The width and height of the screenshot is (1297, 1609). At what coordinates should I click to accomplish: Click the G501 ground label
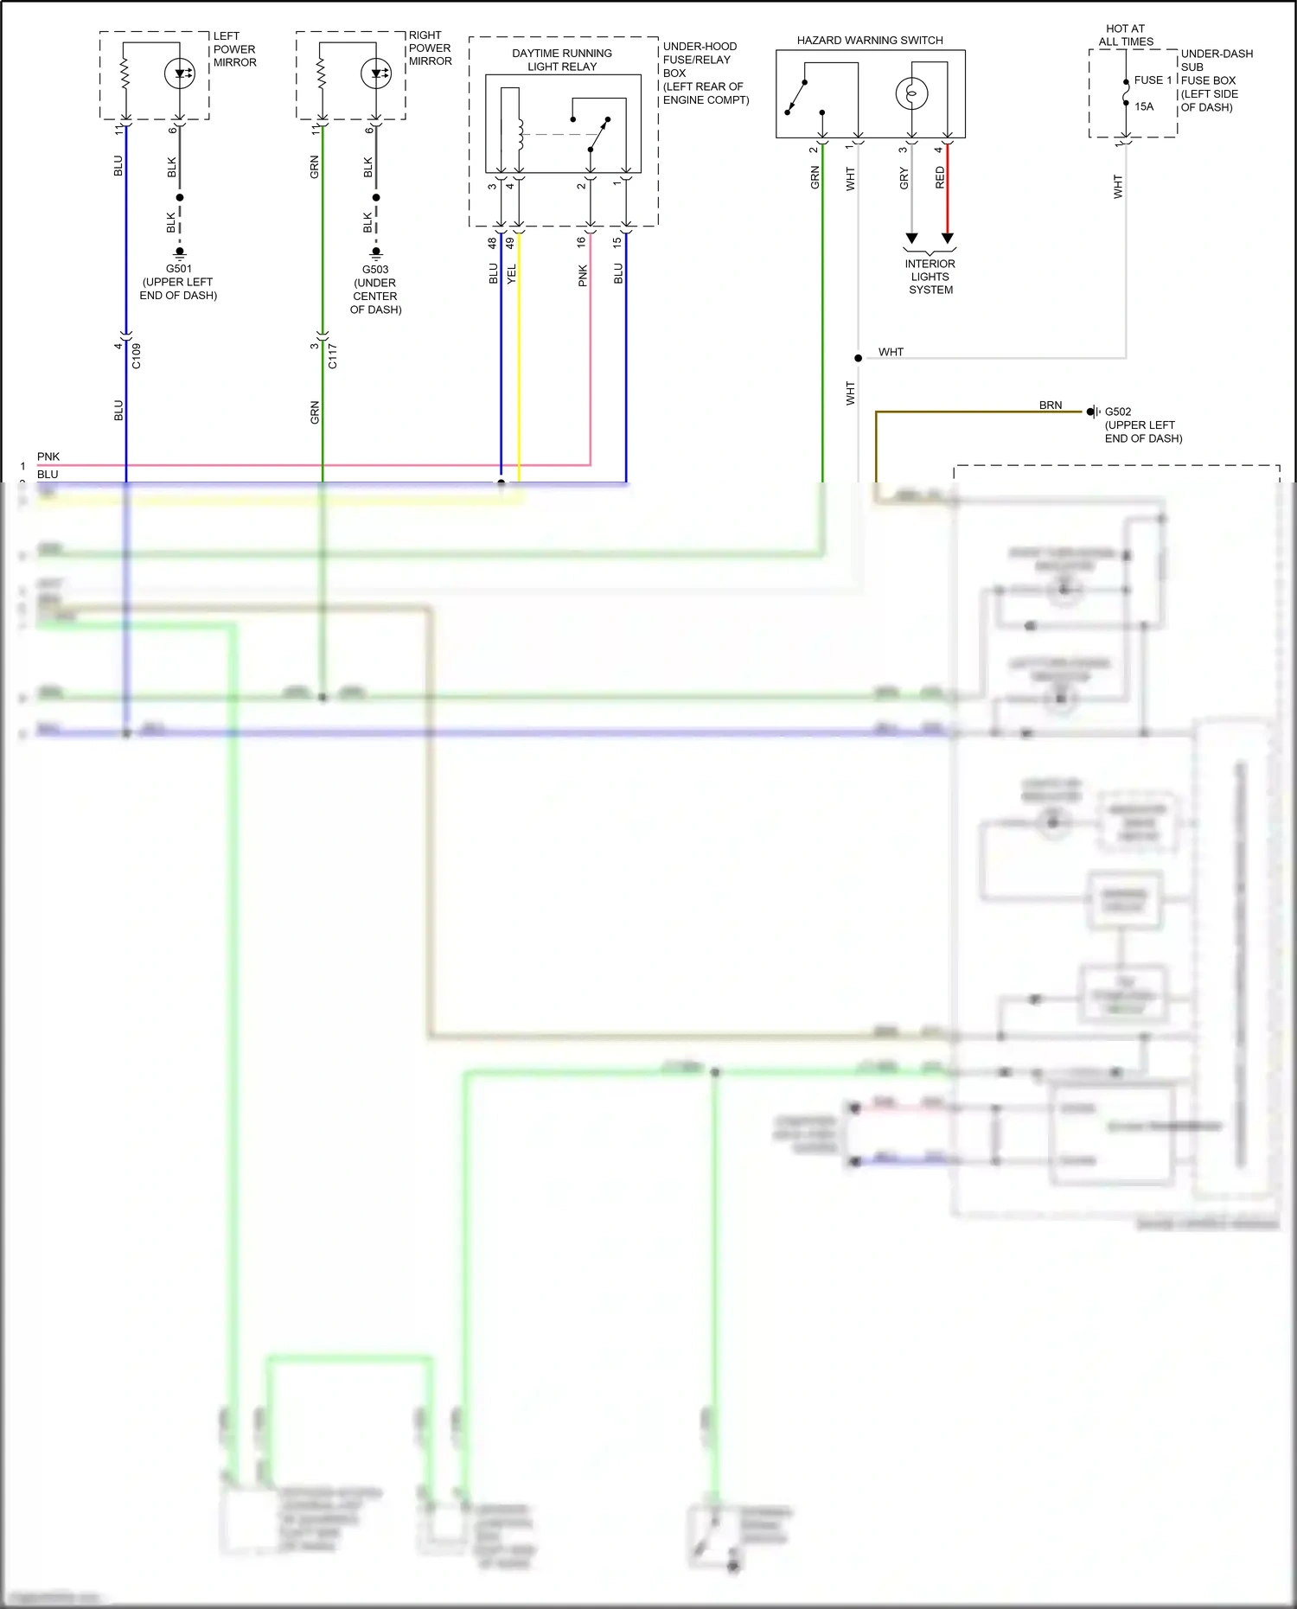tap(179, 269)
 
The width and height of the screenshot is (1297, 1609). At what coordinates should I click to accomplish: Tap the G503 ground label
tap(375, 270)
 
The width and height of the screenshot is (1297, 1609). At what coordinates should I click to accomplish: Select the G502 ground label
tap(1118, 412)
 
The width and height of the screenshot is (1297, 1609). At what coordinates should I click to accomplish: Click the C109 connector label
tap(137, 356)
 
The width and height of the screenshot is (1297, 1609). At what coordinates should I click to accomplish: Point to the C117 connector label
tap(333, 356)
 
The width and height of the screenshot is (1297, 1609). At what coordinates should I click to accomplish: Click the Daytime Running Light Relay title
tap(562, 60)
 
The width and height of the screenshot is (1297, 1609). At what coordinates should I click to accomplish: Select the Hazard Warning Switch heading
tap(870, 41)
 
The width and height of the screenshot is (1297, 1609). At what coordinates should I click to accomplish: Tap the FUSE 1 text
tap(1153, 80)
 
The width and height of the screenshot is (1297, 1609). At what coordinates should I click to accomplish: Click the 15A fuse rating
tap(1144, 107)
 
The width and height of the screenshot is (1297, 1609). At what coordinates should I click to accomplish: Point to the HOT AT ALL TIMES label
tap(1126, 35)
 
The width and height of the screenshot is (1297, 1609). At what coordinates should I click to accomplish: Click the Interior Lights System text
tap(930, 277)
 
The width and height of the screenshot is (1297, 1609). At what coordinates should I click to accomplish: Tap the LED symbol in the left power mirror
tap(180, 73)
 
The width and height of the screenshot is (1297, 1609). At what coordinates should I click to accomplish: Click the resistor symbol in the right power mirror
tap(322, 73)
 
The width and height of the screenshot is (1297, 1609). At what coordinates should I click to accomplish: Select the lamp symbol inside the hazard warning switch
tap(911, 93)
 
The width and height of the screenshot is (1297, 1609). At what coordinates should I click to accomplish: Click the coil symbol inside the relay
tap(520, 134)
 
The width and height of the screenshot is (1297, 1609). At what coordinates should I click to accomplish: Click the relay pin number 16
tap(582, 243)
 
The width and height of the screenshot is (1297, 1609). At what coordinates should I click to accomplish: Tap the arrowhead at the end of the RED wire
tap(948, 238)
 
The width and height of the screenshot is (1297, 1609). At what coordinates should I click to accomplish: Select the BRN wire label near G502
tap(1051, 405)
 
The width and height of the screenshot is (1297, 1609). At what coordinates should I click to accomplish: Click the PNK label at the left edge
tap(48, 457)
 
